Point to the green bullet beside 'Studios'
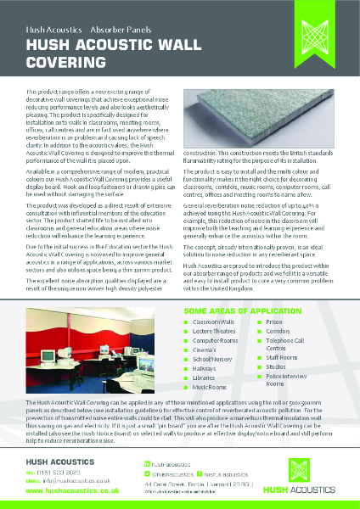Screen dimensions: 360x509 [260, 367]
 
